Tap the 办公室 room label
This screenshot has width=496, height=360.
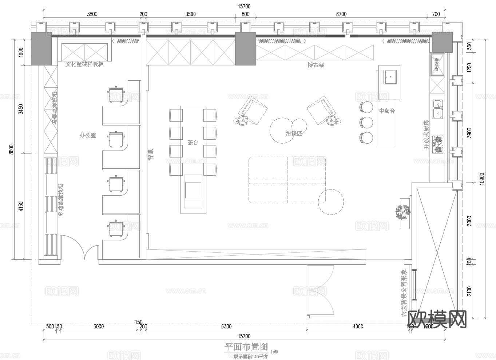coord(88,135)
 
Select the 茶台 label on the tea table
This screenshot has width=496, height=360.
coord(193,143)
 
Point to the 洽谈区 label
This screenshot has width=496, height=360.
coord(294,133)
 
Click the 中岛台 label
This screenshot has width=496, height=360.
coord(387,111)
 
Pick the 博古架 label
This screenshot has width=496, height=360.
coord(316,65)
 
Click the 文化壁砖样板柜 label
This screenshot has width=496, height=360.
coord(84,64)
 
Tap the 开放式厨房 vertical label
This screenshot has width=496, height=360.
coord(426,135)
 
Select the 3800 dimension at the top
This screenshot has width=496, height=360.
coord(92,14)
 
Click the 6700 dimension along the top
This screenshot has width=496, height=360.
coord(341,14)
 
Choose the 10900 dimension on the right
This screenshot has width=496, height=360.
coord(482,178)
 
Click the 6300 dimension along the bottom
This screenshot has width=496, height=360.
coord(226,327)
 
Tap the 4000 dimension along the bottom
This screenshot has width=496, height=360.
coord(358,327)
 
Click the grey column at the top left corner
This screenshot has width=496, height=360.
coord(41,48)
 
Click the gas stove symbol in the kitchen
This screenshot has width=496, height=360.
coord(438,144)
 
